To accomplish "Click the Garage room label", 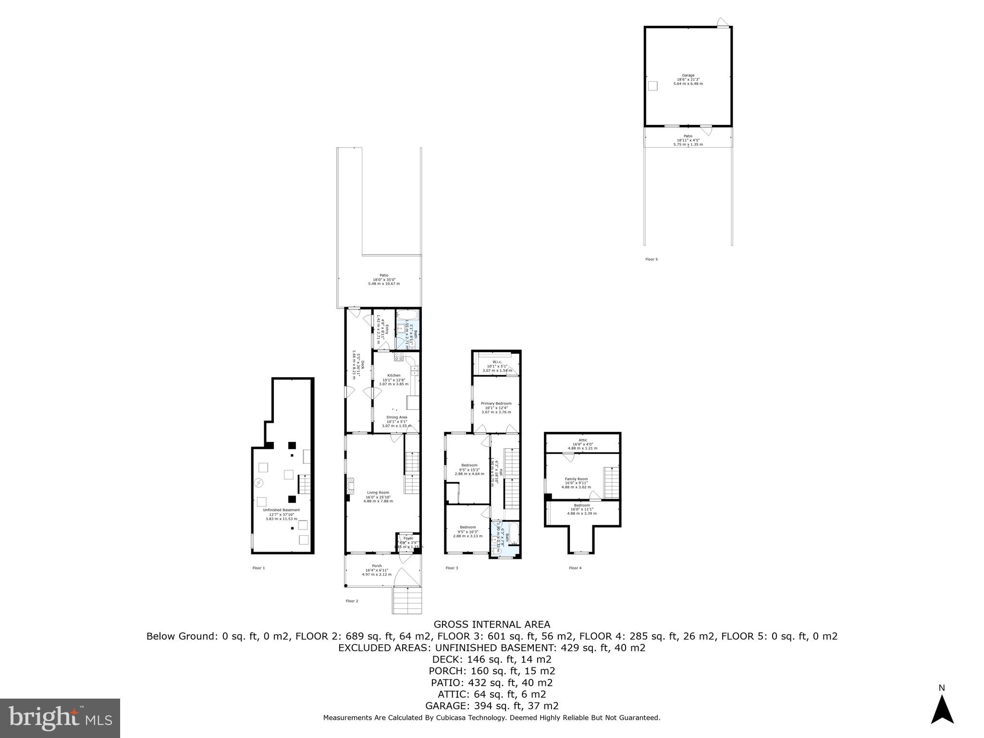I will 688,75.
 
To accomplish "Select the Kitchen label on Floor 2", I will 394,375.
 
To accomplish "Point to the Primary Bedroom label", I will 496,404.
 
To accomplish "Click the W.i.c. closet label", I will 497,362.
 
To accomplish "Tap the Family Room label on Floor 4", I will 576,479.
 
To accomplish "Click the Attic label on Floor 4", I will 583,440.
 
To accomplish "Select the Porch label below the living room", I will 377,566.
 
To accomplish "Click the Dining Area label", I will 397,417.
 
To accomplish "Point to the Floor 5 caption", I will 652,259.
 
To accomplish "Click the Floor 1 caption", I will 258,568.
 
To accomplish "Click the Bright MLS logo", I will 60,718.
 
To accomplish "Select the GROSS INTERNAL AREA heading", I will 492,625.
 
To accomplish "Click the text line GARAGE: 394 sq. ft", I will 492,706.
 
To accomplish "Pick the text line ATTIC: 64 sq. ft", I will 492,694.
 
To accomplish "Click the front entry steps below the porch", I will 407,601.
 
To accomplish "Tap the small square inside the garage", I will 652,86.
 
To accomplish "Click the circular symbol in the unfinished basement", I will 258,482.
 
